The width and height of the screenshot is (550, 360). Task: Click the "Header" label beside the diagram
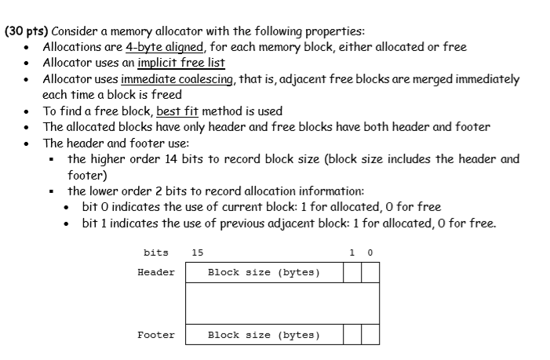pos(156,272)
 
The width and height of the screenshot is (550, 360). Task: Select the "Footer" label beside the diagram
pos(156,335)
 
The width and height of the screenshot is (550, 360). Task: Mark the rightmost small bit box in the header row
pos(370,272)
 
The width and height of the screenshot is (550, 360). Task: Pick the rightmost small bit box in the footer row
pos(370,335)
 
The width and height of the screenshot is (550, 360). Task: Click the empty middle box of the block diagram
pos(282,304)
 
